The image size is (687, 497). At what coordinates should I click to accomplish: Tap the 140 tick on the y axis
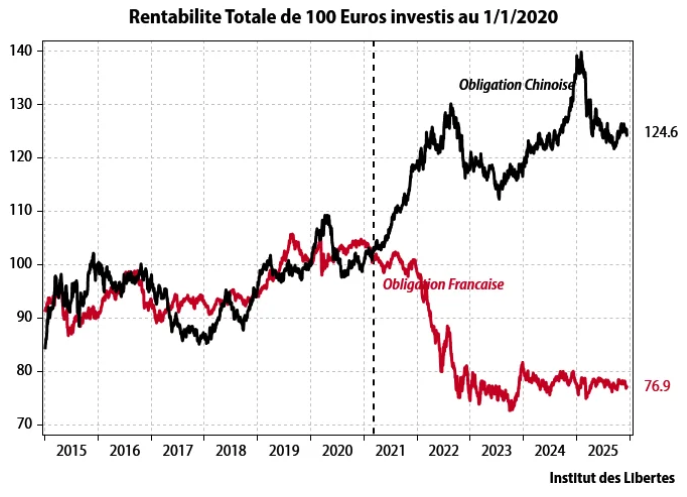point(22,51)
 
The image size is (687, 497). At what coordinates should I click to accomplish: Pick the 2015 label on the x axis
point(71,450)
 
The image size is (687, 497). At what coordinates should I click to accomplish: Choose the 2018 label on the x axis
point(232,450)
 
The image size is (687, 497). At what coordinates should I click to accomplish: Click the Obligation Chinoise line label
point(515,86)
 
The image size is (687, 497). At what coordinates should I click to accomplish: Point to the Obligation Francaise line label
point(443,284)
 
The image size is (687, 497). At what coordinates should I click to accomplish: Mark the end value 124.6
point(661,132)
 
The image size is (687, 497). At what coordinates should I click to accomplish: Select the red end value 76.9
point(656,386)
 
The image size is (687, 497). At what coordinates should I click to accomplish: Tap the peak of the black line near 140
point(581,54)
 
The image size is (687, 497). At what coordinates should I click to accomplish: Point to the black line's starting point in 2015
point(45,347)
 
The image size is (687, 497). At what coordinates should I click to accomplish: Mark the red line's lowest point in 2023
point(511,409)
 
